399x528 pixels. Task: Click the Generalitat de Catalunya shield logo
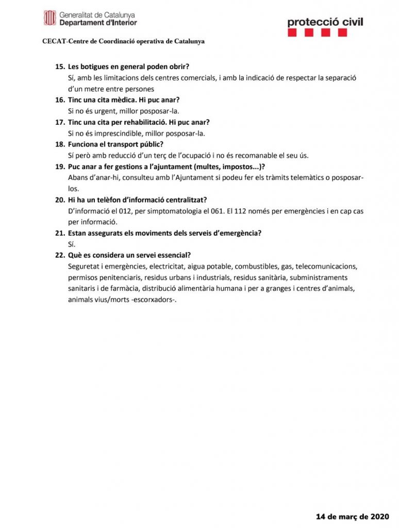(49, 19)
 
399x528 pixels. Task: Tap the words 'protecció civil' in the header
(325, 22)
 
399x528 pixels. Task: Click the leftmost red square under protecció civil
(292, 33)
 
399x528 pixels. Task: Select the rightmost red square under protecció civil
(342, 33)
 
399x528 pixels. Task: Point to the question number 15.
(60, 67)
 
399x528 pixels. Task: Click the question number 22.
(60, 255)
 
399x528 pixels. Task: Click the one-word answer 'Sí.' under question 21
(72, 244)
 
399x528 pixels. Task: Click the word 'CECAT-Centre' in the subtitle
(62, 41)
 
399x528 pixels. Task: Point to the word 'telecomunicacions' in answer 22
(326, 267)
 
